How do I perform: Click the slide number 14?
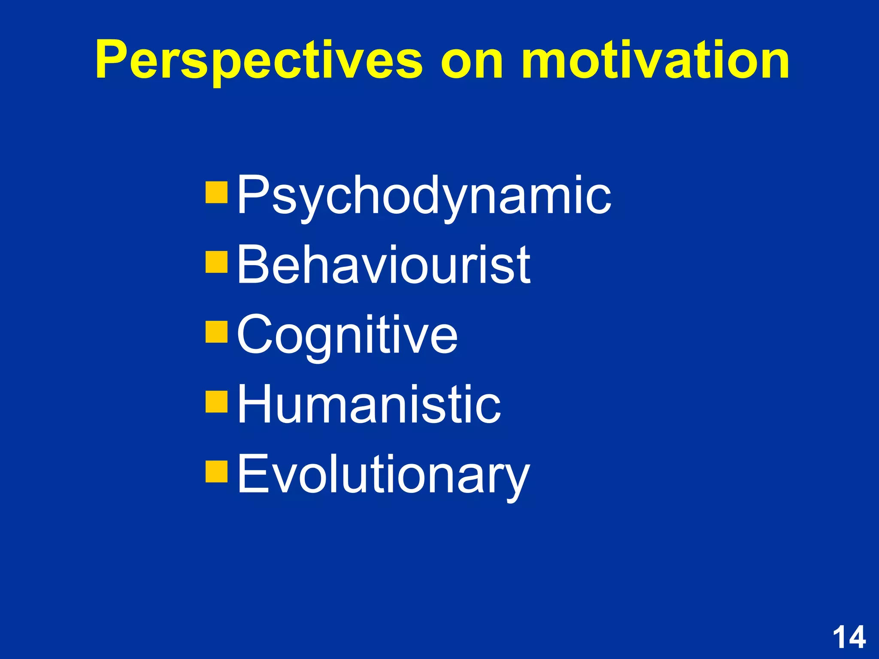pyautogui.click(x=849, y=638)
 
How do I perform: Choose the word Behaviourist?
pyautogui.click(x=383, y=265)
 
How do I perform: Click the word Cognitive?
pyautogui.click(x=347, y=335)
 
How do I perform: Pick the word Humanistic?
pyautogui.click(x=369, y=404)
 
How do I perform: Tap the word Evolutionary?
pyautogui.click(x=383, y=474)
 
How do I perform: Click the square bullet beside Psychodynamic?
pyautogui.click(x=216, y=192)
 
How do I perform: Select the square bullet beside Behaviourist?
pyautogui.click(x=216, y=262)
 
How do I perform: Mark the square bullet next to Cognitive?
pyautogui.click(x=216, y=332)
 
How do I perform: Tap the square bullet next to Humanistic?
pyautogui.click(x=216, y=401)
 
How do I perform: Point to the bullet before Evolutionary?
pyautogui.click(x=216, y=471)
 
